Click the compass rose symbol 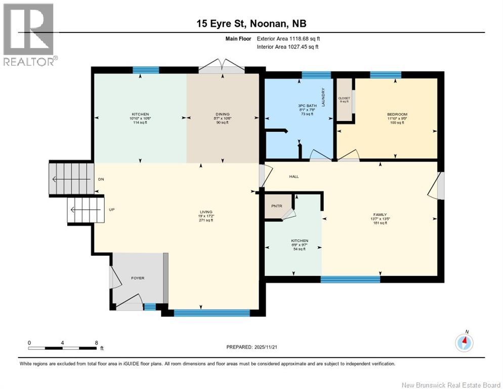coord(464,343)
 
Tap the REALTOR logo coord(29,34)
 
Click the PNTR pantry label coord(276,206)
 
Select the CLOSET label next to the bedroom coord(344,98)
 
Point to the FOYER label coord(138,278)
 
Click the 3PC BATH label coord(307,105)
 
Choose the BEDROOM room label coord(397,114)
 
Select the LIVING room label coord(206,212)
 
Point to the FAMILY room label coord(380,215)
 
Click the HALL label coord(294,177)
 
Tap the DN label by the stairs coord(100,180)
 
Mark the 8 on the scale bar coord(96,343)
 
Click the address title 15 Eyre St coord(222,24)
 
